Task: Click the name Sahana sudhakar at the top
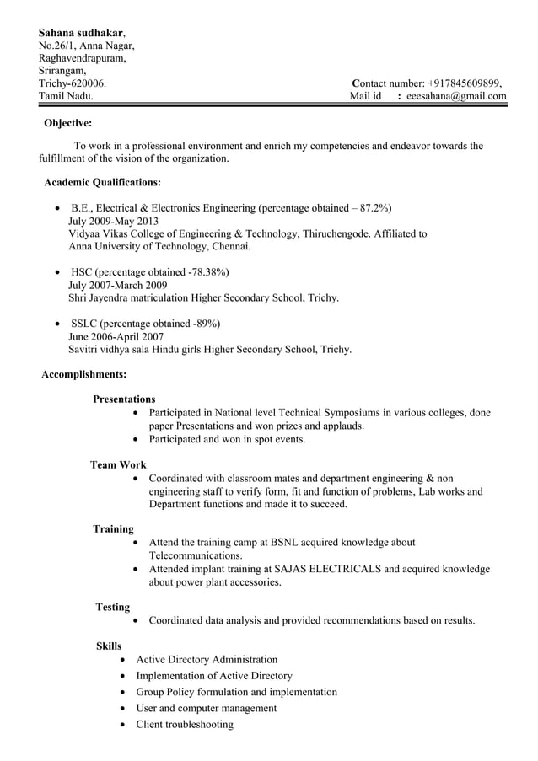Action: click(x=81, y=32)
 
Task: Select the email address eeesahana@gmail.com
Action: click(x=456, y=97)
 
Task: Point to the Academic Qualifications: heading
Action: click(x=102, y=182)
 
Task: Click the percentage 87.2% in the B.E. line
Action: click(x=374, y=208)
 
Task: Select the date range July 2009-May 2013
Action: click(x=113, y=221)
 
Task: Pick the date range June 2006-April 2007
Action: click(x=116, y=337)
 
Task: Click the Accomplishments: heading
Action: click(x=84, y=373)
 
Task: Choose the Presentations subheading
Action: click(x=124, y=399)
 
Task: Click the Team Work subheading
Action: click(x=118, y=464)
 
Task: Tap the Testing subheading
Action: click(x=113, y=607)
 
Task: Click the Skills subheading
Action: click(x=109, y=646)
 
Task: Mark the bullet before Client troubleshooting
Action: click(x=124, y=725)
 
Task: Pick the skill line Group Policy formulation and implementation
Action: click(x=236, y=692)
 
